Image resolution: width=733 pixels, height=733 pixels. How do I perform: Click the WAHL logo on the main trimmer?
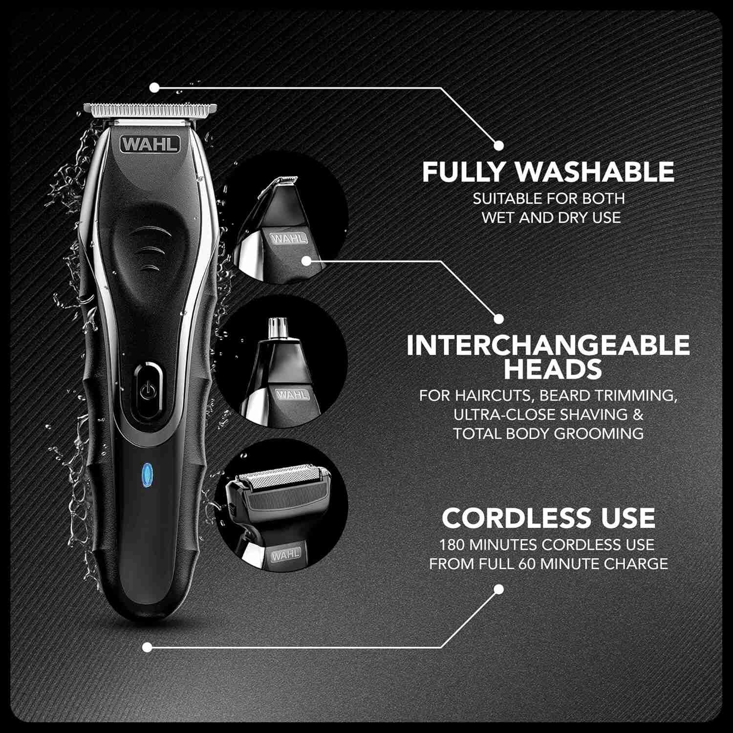click(151, 145)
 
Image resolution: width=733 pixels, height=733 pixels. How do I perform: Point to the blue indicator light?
click(146, 473)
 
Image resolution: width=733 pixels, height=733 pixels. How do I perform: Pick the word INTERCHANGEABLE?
click(548, 345)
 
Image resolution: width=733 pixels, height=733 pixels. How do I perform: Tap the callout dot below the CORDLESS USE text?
click(498, 589)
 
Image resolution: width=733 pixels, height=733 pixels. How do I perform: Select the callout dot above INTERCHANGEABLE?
click(498, 319)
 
